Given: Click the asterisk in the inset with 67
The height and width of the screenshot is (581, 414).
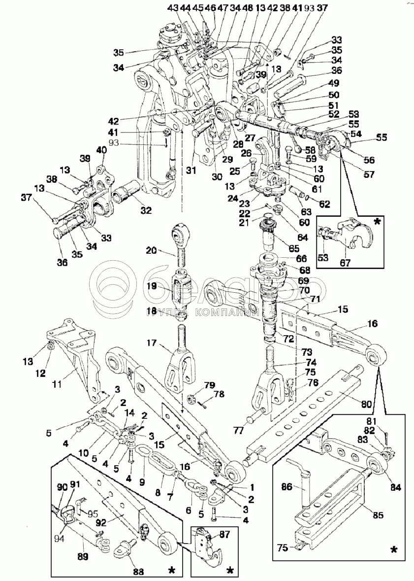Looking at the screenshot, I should pyautogui.click(x=377, y=221).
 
